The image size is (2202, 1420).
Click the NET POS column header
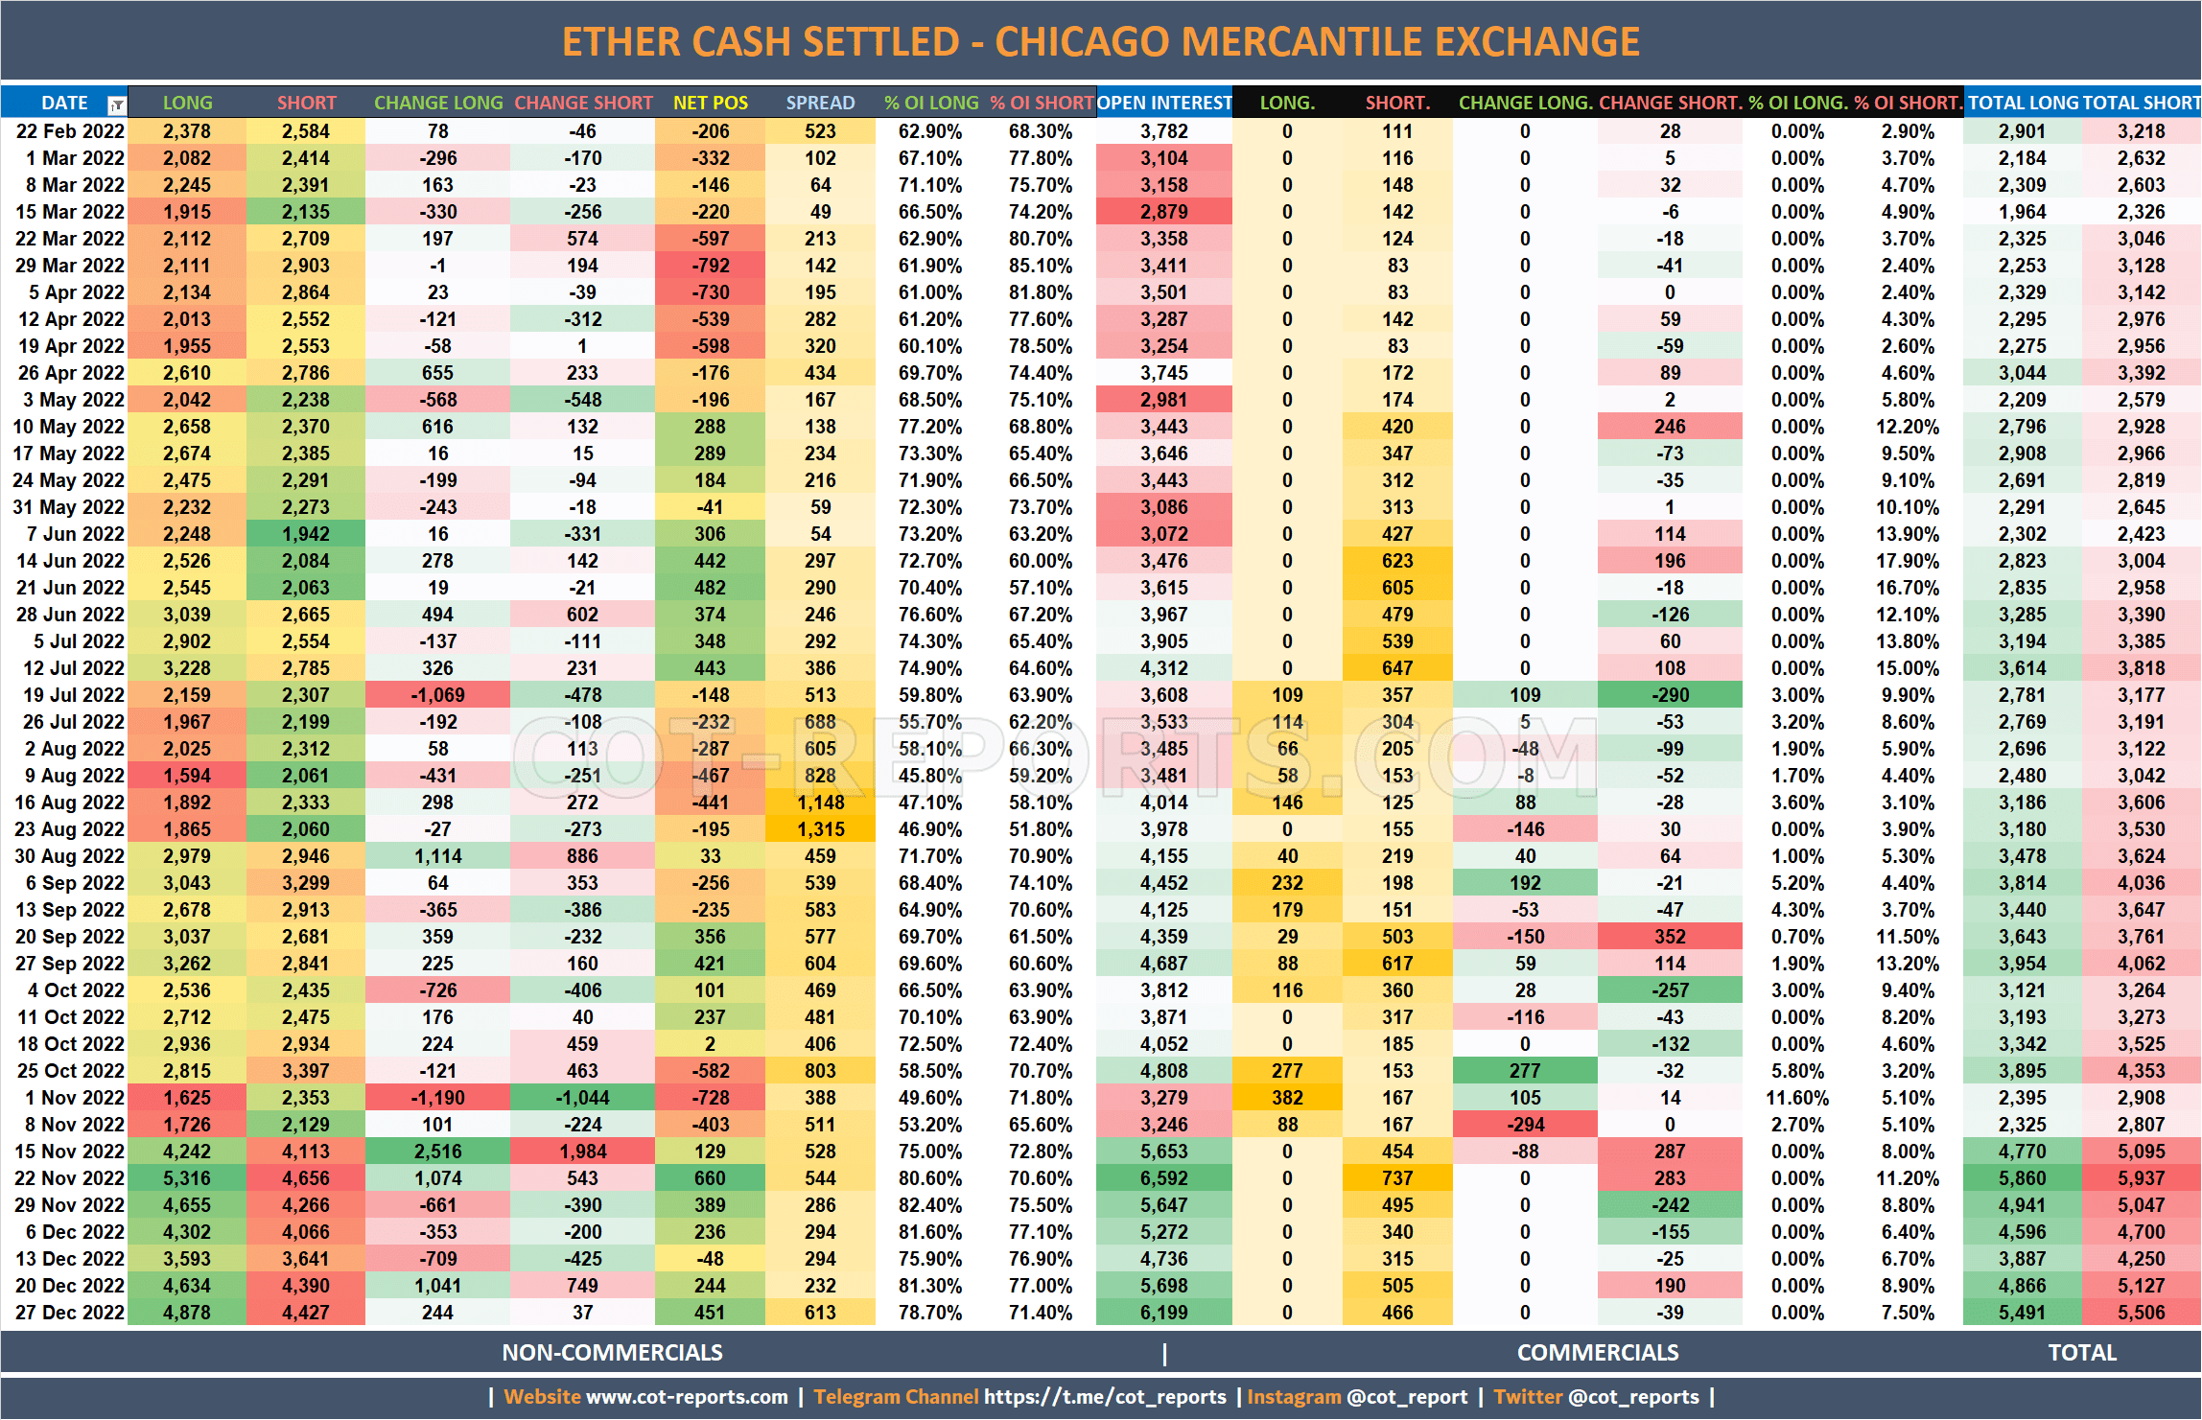[x=710, y=103]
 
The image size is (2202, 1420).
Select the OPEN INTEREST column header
[x=1163, y=103]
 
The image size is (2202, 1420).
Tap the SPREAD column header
[x=820, y=103]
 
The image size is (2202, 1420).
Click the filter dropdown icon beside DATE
[x=116, y=105]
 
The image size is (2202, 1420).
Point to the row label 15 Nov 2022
[x=69, y=1152]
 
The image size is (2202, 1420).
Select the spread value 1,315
[x=821, y=829]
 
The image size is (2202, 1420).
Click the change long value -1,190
[x=437, y=1098]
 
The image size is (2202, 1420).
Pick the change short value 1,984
[x=582, y=1152]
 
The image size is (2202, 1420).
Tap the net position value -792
[x=711, y=266]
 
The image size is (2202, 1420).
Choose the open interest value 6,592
[x=1163, y=1178]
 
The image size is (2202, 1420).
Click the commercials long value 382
[x=1287, y=1098]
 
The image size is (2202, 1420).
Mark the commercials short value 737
[x=1397, y=1178]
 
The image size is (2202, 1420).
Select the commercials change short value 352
[x=1670, y=937]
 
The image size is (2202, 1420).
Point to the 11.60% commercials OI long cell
[x=1797, y=1098]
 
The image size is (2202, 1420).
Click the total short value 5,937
[x=2141, y=1178]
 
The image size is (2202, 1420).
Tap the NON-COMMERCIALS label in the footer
[x=612, y=1353]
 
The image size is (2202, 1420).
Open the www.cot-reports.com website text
[x=687, y=1397]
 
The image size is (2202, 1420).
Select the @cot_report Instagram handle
[x=1407, y=1397]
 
